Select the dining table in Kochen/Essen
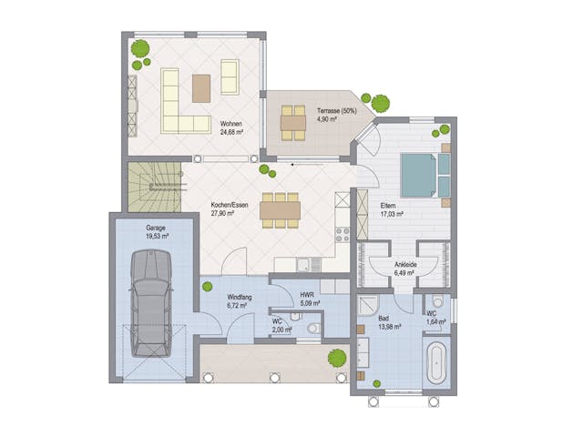click(x=280, y=210)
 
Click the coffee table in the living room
click(x=202, y=87)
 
